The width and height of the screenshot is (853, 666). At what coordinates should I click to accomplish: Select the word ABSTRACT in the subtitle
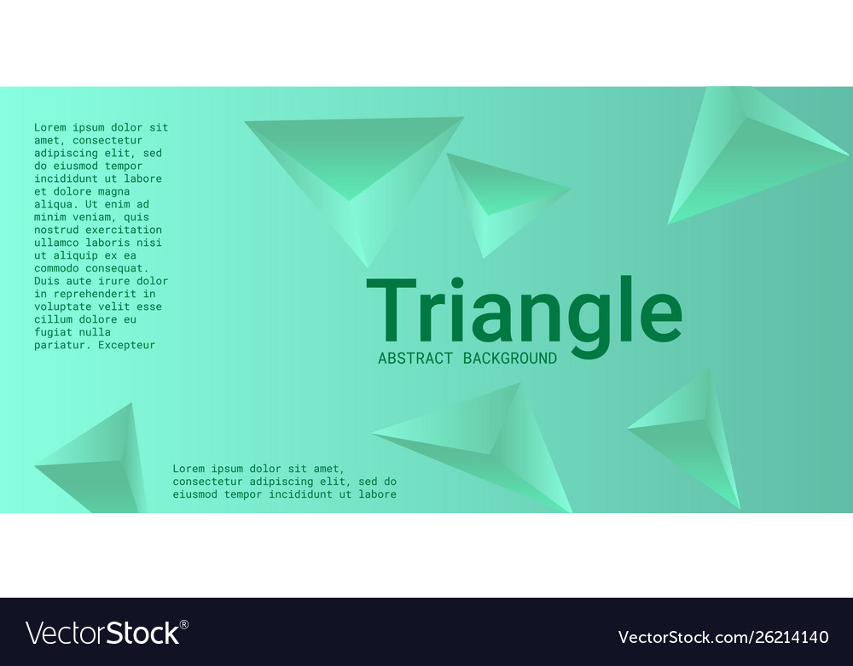[x=415, y=359]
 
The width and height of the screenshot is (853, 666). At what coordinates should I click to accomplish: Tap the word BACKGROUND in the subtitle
[x=509, y=359]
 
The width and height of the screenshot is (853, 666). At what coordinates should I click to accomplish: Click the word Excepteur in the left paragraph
[x=126, y=345]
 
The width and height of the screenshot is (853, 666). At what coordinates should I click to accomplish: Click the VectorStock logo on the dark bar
[x=102, y=633]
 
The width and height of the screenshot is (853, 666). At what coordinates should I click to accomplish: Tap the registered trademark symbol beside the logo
[x=184, y=624]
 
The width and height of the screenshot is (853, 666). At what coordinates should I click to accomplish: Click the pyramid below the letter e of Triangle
[x=691, y=435]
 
